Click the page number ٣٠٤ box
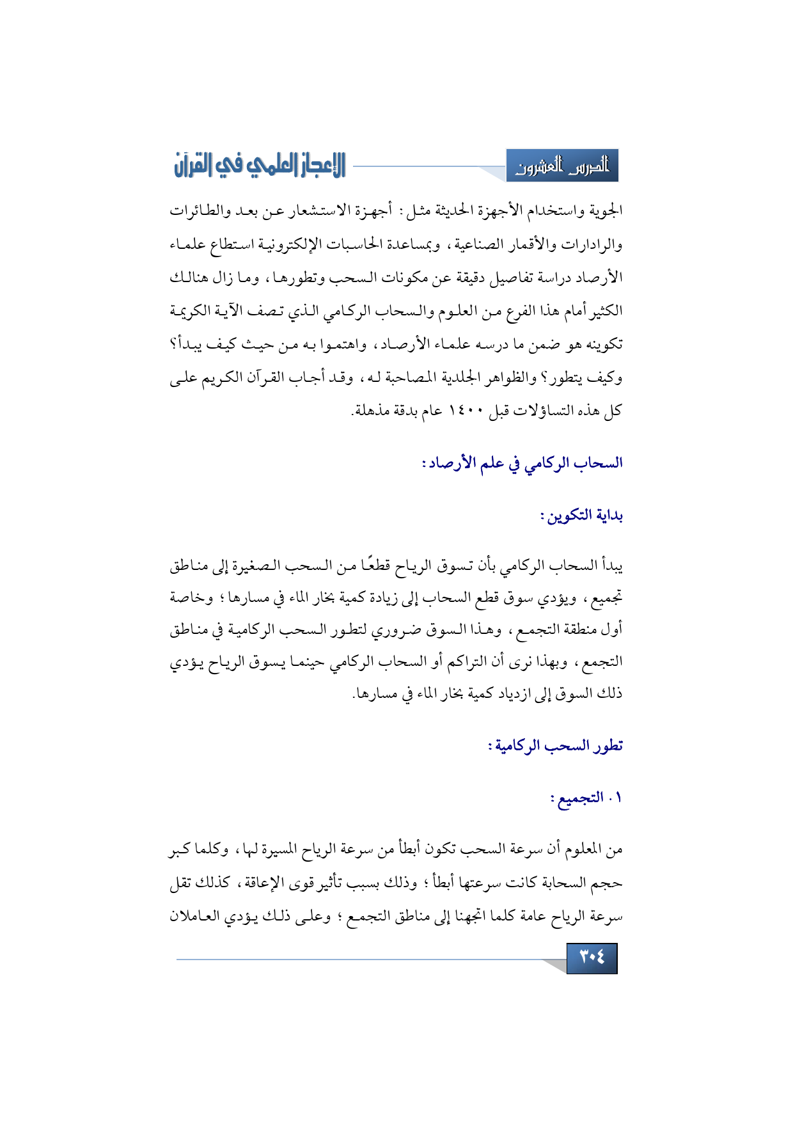click(x=592, y=958)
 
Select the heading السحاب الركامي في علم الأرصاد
click(x=522, y=462)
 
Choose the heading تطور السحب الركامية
click(x=555, y=745)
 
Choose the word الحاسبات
click(x=359, y=244)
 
